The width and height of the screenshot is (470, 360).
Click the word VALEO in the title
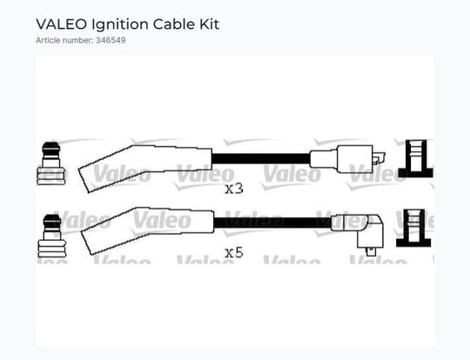[x=61, y=24]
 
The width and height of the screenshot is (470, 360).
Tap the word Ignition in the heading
[x=120, y=25]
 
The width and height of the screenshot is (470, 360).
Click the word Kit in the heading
[x=210, y=24]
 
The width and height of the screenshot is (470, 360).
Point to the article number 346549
[x=111, y=40]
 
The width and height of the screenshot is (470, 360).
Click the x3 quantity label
[x=234, y=189]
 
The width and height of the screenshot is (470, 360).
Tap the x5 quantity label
[x=234, y=253]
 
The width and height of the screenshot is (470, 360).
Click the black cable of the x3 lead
[x=261, y=158]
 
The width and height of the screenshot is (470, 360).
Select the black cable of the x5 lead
[x=272, y=223]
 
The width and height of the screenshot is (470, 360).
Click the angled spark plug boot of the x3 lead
[x=144, y=168]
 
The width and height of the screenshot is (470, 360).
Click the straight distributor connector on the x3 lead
[x=342, y=159]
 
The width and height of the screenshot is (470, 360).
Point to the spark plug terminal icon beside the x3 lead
[x=50, y=163]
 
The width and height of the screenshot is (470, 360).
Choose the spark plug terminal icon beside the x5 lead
[x=52, y=236]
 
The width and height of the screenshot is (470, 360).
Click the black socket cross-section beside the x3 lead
[x=416, y=159]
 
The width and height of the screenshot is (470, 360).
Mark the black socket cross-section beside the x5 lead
[x=413, y=228]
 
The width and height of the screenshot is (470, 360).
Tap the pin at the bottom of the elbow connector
[x=371, y=252]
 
